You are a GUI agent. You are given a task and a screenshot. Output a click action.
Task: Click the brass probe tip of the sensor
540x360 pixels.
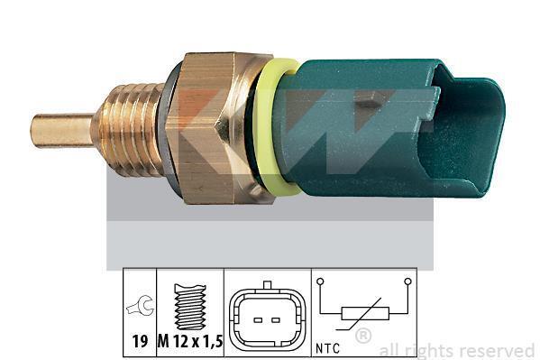pyautogui.click(x=62, y=131)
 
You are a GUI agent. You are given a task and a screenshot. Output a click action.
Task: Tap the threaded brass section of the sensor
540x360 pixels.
pyautogui.click(x=127, y=129)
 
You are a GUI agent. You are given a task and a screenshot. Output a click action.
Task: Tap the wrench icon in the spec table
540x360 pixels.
pyautogui.click(x=141, y=306)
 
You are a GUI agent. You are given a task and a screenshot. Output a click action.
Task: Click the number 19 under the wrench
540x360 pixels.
pyautogui.click(x=140, y=342)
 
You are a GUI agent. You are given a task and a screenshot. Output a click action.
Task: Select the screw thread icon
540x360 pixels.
pyautogui.click(x=190, y=307)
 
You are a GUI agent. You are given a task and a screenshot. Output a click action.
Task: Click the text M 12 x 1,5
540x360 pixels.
pyautogui.click(x=190, y=342)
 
